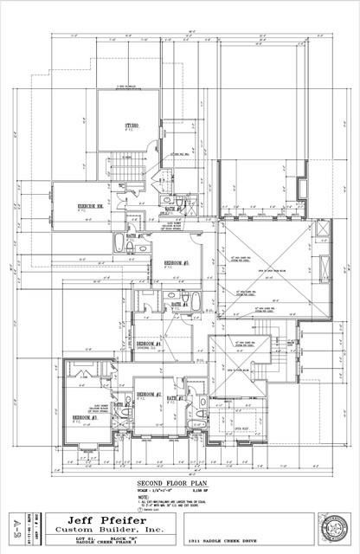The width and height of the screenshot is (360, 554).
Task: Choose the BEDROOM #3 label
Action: [x=84, y=417]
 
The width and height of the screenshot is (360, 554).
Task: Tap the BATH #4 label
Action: [x=180, y=304]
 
